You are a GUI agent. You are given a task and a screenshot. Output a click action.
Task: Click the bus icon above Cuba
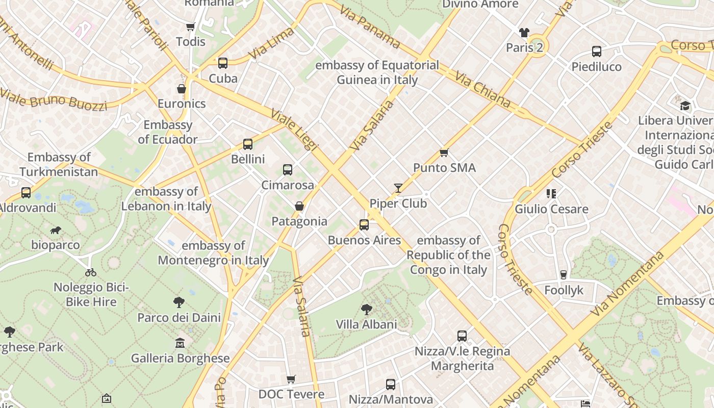click(223, 63)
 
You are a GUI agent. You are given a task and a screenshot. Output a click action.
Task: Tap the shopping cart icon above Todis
click(191, 27)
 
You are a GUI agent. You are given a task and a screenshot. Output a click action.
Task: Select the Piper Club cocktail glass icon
click(398, 188)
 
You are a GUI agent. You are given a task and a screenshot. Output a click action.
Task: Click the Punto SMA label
click(444, 168)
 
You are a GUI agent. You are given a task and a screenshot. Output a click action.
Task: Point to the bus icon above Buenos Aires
click(364, 225)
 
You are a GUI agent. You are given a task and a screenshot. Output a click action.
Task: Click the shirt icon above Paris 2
click(524, 33)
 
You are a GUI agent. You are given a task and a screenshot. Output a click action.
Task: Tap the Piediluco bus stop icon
click(597, 52)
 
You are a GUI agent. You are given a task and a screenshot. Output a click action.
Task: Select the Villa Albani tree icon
click(366, 309)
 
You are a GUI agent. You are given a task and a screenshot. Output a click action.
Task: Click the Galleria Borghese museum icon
click(180, 343)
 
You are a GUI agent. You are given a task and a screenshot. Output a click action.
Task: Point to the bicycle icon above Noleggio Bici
click(91, 272)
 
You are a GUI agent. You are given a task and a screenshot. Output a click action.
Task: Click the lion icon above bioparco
click(56, 231)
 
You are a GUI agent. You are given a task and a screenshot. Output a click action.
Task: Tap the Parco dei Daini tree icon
click(178, 302)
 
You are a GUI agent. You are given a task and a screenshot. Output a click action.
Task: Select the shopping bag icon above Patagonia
click(299, 206)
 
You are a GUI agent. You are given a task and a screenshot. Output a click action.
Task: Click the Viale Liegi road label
click(295, 130)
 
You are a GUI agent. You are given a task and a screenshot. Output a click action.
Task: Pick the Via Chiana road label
click(482, 89)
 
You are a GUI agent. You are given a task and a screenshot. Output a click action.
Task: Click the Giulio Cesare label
click(551, 209)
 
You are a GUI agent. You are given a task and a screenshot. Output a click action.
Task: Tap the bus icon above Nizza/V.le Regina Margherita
click(462, 336)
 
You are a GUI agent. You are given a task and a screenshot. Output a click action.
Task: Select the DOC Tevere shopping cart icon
click(291, 379)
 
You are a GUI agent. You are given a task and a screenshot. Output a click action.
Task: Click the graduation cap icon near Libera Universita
click(685, 106)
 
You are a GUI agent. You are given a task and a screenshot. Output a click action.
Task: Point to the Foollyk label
click(564, 290)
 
